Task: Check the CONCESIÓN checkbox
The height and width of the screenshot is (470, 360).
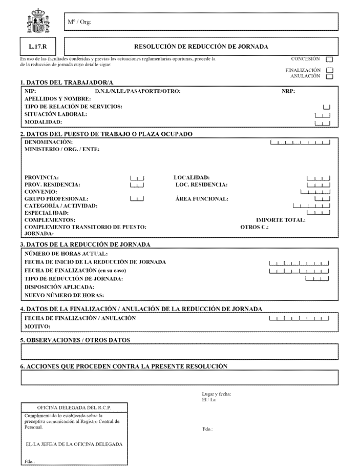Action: pyautogui.click(x=329, y=59)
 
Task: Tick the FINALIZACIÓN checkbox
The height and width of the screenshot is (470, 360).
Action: pyautogui.click(x=329, y=70)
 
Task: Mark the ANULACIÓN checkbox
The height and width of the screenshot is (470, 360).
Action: pyautogui.click(x=329, y=76)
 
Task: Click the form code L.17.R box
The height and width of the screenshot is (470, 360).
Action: pyautogui.click(x=38, y=46)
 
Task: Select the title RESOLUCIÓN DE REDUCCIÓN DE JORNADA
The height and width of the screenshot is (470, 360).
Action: pyautogui.click(x=201, y=46)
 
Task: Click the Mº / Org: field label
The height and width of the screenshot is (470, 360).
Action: pyautogui.click(x=79, y=22)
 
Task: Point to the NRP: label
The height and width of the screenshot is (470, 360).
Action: pyautogui.click(x=288, y=92)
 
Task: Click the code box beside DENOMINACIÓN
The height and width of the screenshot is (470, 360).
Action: pyautogui.click(x=300, y=142)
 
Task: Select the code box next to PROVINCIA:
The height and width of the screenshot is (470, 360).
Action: pyautogui.click(x=137, y=178)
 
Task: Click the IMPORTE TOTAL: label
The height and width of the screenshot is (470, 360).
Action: pyautogui.click(x=281, y=220)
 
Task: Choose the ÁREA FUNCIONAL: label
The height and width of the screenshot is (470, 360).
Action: pyautogui.click(x=202, y=199)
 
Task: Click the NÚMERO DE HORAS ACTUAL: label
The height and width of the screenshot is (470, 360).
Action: pyautogui.click(x=66, y=254)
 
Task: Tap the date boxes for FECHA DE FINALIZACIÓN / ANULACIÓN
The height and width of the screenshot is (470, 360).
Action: pyautogui.click(x=299, y=319)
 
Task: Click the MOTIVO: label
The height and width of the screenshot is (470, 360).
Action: pyautogui.click(x=37, y=326)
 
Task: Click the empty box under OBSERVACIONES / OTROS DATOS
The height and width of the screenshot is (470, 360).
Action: pyautogui.click(x=179, y=352)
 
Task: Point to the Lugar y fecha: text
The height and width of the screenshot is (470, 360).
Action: pyautogui.click(x=217, y=394)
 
